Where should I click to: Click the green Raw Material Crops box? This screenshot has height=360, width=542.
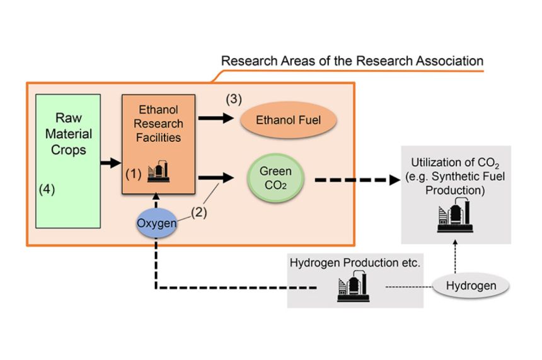click(68, 161)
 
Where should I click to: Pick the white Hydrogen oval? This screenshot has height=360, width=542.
click(470, 286)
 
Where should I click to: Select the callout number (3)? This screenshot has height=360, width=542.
click(234, 99)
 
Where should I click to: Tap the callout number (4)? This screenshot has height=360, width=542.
click(47, 189)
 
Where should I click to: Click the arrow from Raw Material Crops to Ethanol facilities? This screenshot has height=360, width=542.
click(111, 163)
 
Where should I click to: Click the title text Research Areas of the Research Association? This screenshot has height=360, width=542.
click(352, 61)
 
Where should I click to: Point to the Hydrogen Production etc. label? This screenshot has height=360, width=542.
click(354, 262)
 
